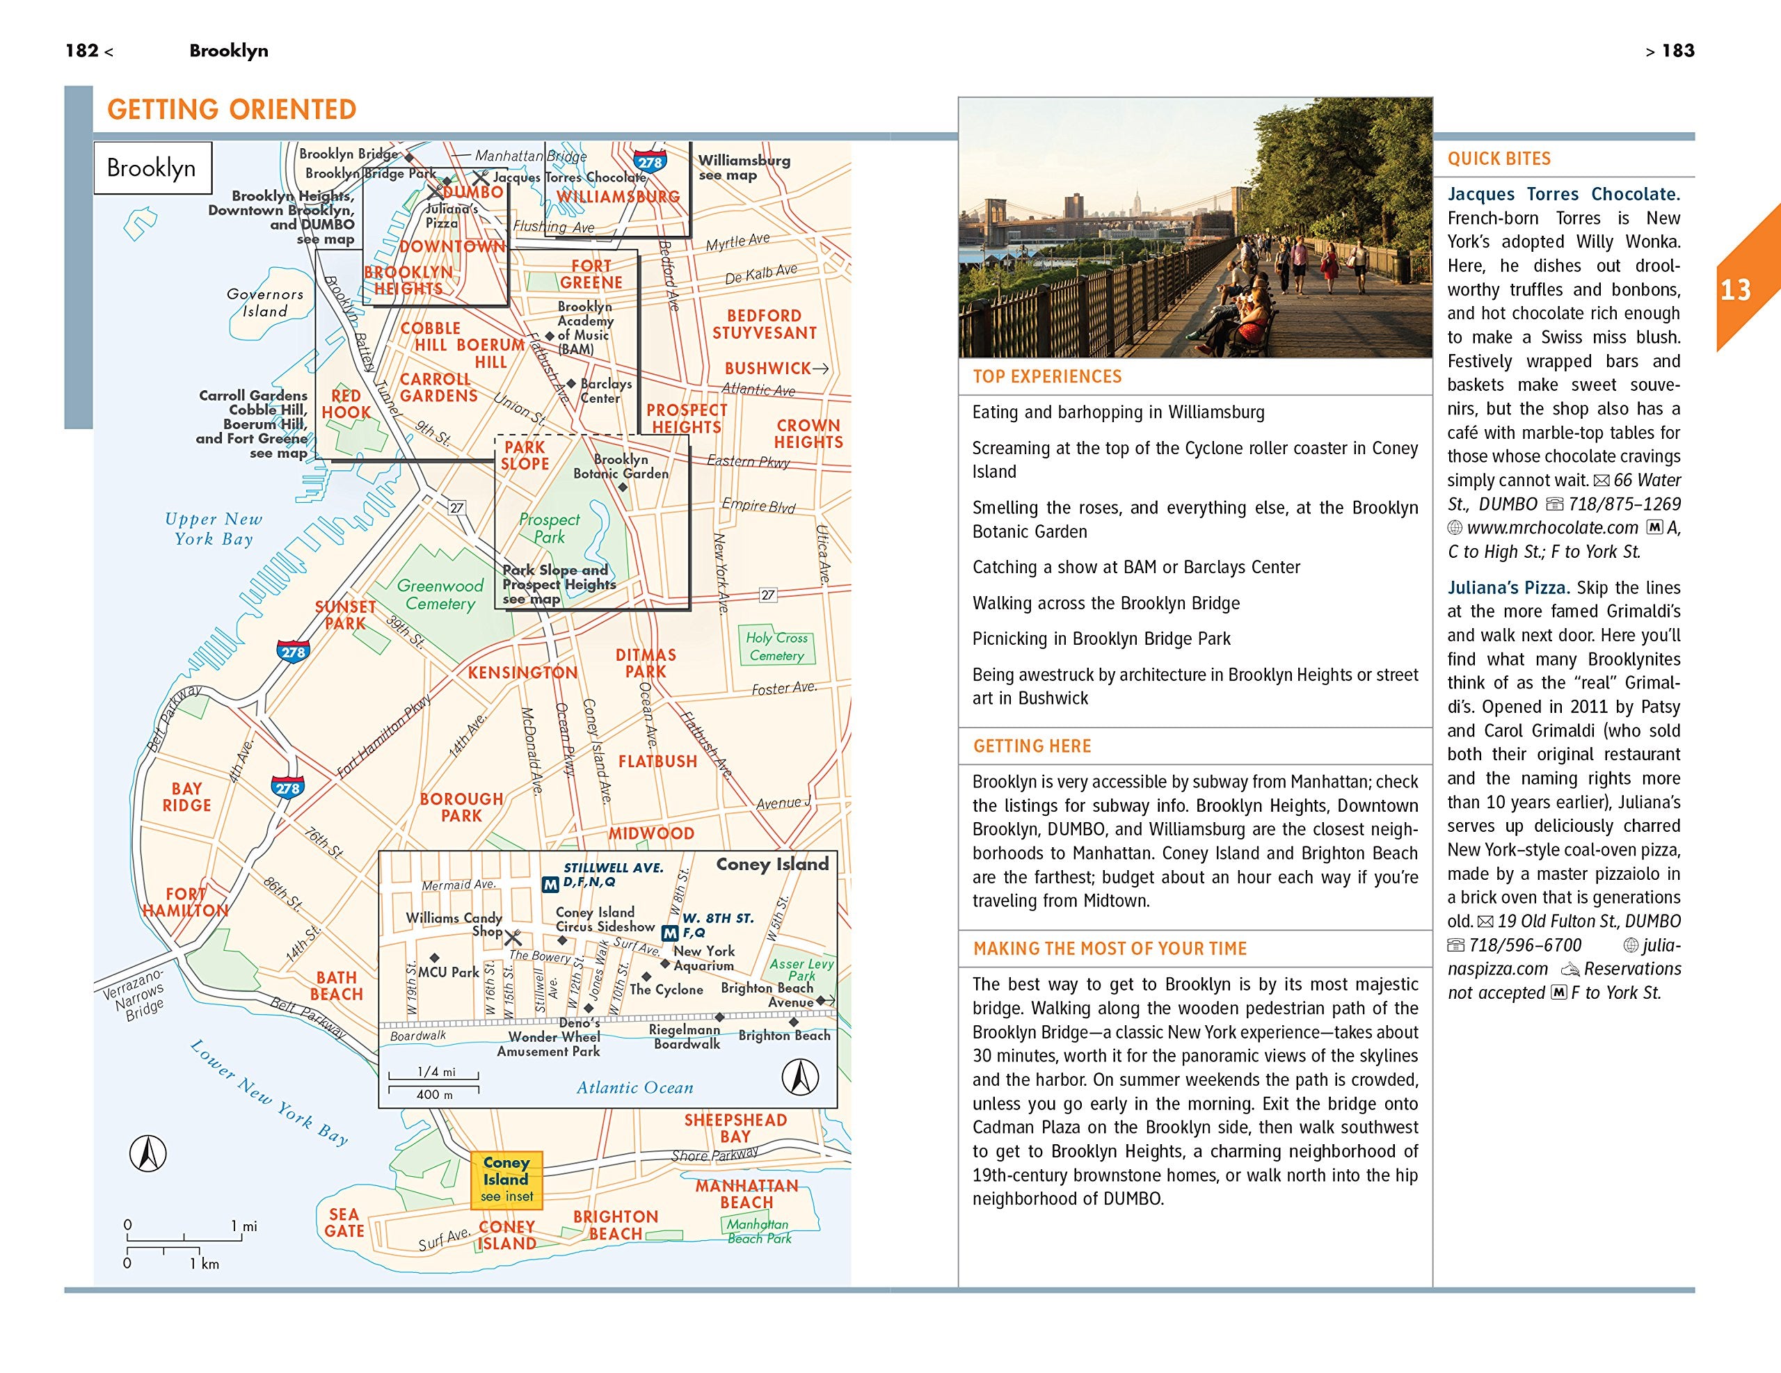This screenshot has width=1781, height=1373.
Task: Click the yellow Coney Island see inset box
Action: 506,1179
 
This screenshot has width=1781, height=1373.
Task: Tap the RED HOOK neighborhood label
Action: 346,404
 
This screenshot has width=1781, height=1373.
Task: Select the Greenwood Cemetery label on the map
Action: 440,595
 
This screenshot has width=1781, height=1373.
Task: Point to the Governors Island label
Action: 265,303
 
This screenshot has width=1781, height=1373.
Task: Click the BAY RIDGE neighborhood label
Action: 186,796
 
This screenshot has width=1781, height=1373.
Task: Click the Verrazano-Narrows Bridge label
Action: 134,994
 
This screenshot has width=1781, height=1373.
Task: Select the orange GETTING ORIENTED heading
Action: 232,110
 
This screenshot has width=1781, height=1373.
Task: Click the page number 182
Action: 82,51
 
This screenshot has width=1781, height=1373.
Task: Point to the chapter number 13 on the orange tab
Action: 1735,290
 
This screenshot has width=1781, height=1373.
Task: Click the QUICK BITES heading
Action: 1499,159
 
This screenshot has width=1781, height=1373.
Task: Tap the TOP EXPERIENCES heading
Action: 1047,377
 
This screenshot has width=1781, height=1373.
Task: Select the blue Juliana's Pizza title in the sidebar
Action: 1508,588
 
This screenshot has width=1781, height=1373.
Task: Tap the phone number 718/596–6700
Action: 1525,945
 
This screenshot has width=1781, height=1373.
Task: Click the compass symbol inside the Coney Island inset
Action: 800,1078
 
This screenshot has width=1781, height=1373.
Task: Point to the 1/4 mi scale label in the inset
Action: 436,1071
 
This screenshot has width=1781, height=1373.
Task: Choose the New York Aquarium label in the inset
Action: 704,958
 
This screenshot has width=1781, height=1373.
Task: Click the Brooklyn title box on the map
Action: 152,168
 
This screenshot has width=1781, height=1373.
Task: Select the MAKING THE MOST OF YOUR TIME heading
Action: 1110,949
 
